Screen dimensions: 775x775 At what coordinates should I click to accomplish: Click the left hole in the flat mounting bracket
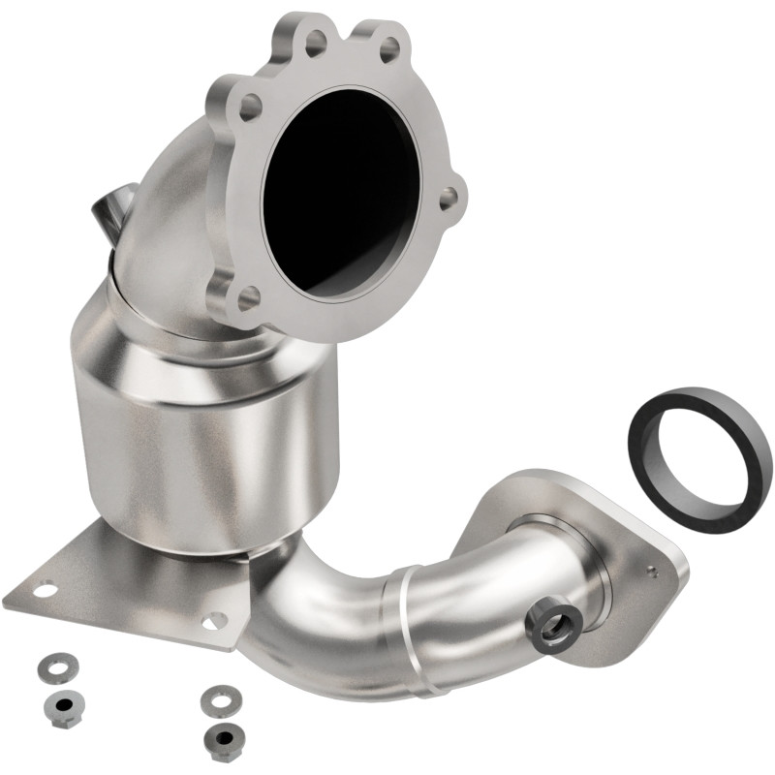44,587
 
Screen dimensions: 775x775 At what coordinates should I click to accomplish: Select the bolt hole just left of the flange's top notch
316,41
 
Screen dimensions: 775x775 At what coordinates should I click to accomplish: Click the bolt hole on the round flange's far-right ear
447,197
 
